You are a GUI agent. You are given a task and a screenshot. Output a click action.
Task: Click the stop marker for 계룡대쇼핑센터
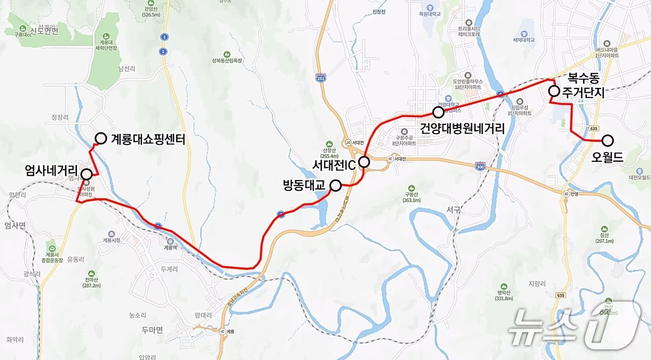101,138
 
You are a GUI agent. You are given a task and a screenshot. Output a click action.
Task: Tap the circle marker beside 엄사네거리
86,174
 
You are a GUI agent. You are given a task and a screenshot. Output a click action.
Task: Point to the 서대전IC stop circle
364,162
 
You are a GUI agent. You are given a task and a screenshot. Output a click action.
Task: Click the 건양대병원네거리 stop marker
438,112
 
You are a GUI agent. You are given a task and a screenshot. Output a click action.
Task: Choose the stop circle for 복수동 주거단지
553,91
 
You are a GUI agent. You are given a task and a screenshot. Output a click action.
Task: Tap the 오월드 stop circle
608,140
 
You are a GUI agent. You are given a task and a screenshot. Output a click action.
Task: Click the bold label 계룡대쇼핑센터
148,139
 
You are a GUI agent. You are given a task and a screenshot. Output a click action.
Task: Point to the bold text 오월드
607,157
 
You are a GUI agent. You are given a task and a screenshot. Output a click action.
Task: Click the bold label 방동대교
306,185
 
